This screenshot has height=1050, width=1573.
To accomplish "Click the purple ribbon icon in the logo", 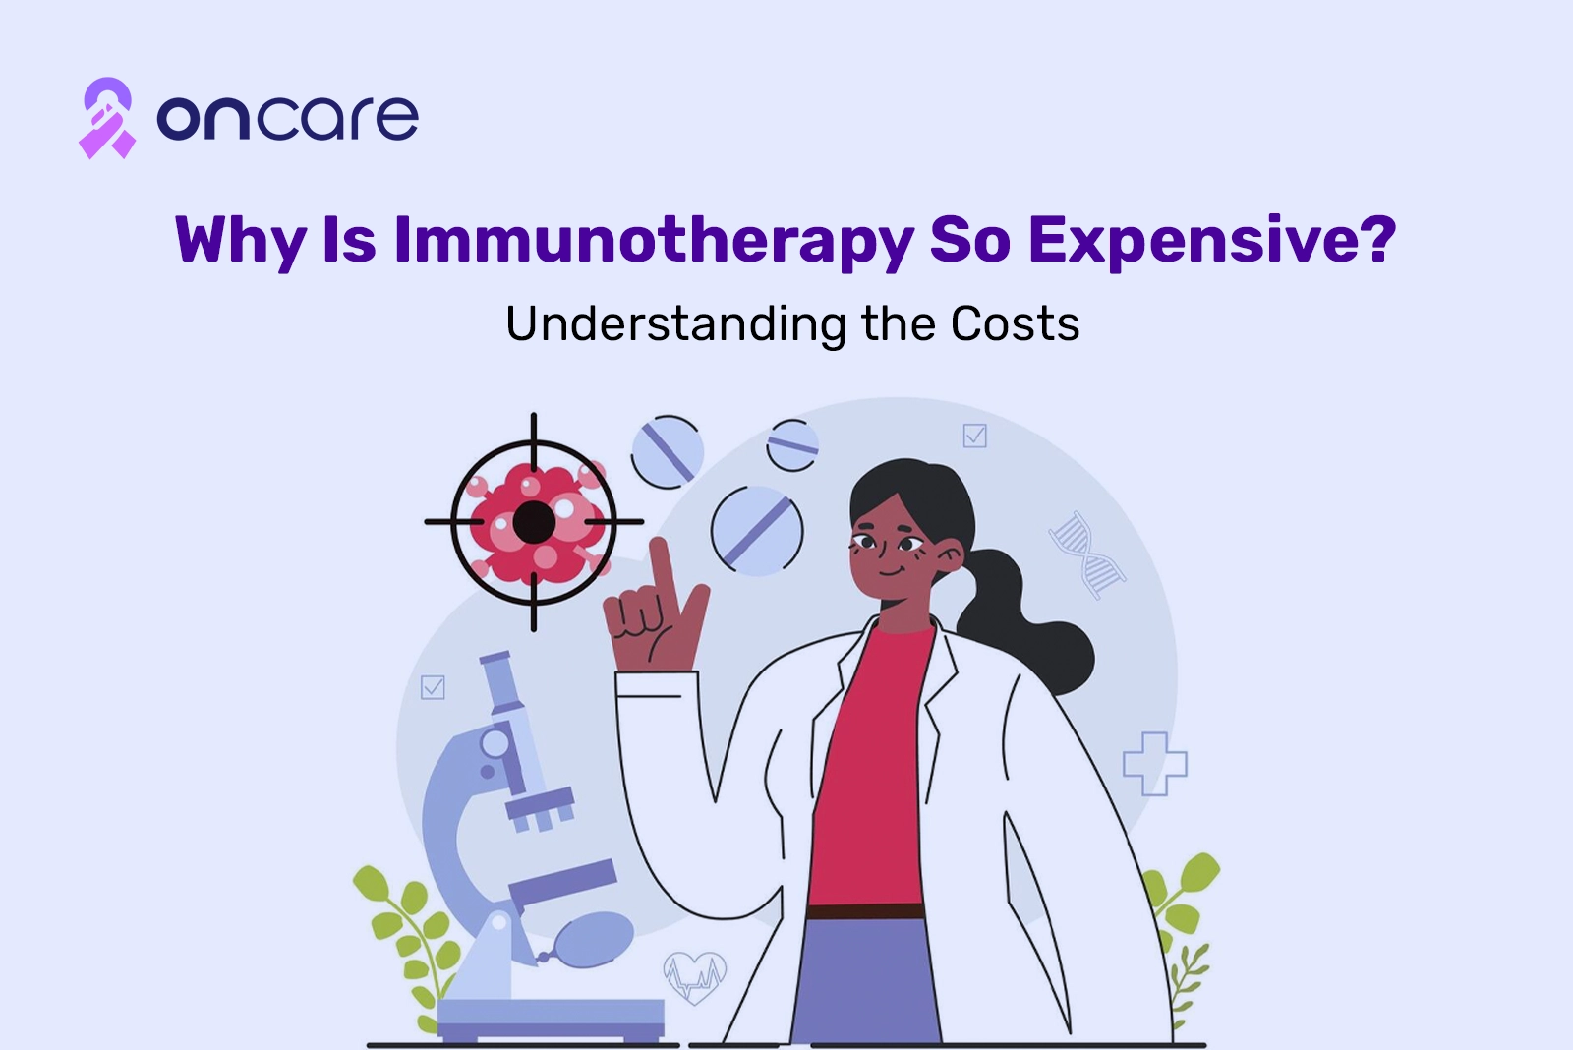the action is (107, 118).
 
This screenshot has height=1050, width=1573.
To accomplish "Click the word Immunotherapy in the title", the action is (653, 241).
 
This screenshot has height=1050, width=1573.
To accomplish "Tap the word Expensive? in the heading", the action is (1212, 240).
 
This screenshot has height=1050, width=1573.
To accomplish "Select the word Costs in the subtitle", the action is (1015, 323).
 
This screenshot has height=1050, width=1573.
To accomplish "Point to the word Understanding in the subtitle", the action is (675, 324).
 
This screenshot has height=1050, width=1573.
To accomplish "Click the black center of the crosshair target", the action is (534, 522).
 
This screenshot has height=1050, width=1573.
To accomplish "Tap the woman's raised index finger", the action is (663, 570).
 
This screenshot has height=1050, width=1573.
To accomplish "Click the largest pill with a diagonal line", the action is (757, 531).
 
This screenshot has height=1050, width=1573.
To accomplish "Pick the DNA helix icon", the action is (1086, 554).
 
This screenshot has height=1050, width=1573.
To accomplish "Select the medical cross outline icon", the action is (1154, 764).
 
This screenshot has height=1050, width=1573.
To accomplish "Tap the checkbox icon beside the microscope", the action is (433, 687).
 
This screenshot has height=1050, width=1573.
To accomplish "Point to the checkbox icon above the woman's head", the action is (974, 436).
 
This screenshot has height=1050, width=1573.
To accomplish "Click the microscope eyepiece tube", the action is (501, 682).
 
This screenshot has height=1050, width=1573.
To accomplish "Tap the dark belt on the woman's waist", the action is (865, 911).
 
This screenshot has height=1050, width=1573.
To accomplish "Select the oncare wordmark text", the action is (287, 117).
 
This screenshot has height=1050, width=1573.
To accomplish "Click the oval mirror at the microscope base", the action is (594, 940).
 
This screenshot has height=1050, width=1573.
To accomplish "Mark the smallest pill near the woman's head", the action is (792, 445).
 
